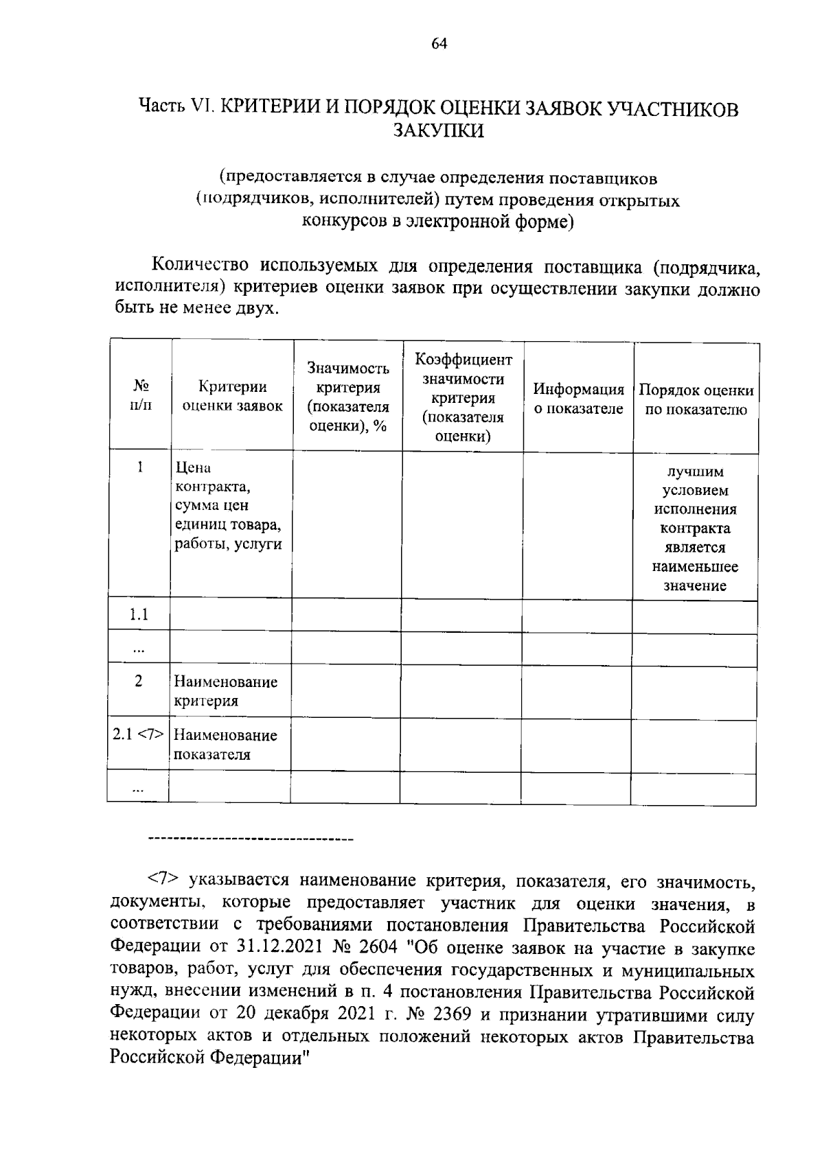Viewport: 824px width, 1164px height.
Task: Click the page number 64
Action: tap(439, 44)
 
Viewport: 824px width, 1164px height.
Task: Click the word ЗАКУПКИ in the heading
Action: tap(439, 130)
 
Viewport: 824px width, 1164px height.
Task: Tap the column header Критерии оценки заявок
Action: tap(231, 397)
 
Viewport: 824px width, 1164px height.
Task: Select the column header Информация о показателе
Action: tap(578, 399)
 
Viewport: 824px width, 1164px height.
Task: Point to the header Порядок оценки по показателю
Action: tap(696, 400)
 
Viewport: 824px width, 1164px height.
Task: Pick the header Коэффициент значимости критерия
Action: tap(463, 398)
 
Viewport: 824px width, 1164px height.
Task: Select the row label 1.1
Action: tap(139, 615)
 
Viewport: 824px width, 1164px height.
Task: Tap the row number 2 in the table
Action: tap(139, 682)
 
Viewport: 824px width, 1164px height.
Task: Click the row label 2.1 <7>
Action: tap(139, 734)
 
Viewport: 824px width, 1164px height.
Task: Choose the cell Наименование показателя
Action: tap(225, 745)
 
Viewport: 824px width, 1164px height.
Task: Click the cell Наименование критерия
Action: tap(225, 691)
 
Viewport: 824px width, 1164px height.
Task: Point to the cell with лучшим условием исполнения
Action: tap(695, 528)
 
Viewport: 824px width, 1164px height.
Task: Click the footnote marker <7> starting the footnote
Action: tap(164, 880)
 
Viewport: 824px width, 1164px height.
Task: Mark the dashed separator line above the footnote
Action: tap(250, 839)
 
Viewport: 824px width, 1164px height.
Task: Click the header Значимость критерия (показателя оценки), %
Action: tap(348, 397)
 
